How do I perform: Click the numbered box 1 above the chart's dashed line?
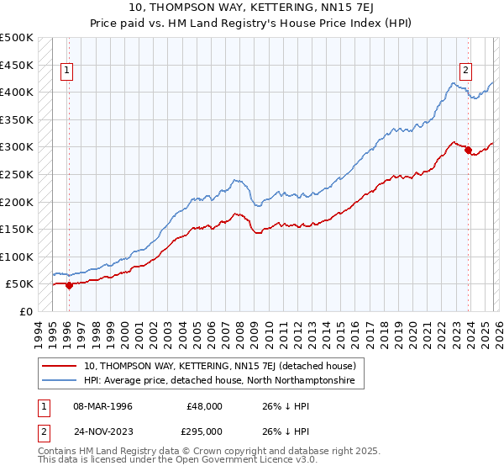point(66,71)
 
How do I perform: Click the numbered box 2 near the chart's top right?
point(465,71)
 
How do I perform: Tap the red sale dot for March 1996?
point(69,285)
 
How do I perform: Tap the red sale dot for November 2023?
point(468,150)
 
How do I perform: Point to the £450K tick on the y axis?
point(17,65)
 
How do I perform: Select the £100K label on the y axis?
point(17,257)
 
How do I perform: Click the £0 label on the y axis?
point(26,311)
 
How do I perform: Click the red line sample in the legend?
point(60,366)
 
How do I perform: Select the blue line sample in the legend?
point(60,381)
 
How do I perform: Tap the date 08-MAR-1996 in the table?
point(103,405)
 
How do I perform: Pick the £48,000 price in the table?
point(205,405)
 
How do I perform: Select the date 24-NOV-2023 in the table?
point(103,431)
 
